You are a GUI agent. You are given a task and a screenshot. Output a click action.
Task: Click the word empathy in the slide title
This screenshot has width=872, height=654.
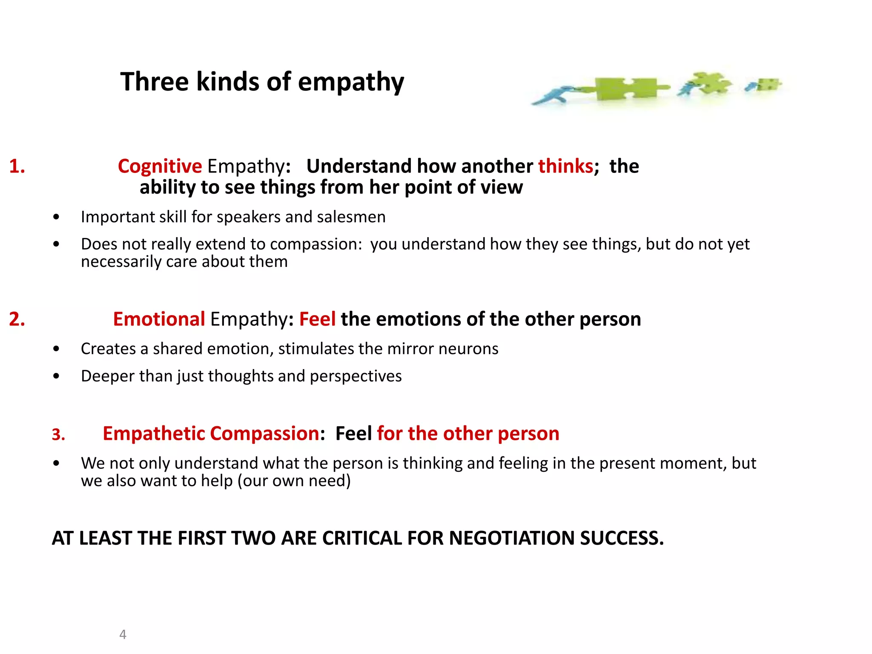click(x=351, y=82)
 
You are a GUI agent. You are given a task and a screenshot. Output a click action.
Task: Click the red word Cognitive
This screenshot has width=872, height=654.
click(x=160, y=166)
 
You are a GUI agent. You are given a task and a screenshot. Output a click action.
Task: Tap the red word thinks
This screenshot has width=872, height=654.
click(x=565, y=166)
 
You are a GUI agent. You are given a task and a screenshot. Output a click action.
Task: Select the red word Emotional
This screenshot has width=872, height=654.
click(x=159, y=319)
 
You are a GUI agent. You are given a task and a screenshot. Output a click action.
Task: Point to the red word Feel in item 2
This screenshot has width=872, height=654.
click(x=317, y=319)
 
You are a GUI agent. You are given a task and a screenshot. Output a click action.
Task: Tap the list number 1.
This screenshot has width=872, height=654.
click(x=17, y=166)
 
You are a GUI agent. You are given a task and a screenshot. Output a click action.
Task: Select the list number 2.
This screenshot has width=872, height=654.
click(x=17, y=319)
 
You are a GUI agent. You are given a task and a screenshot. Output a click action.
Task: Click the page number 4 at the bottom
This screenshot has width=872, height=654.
click(x=123, y=634)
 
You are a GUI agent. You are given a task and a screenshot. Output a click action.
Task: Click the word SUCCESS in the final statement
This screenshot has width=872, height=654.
click(x=621, y=538)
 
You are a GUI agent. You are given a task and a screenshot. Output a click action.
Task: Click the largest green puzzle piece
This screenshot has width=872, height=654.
click(x=626, y=89)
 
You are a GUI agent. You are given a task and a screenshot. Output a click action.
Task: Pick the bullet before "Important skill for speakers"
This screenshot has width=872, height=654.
click(x=56, y=217)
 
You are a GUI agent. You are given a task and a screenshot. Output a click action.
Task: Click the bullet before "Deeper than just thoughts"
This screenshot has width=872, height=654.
click(x=56, y=376)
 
